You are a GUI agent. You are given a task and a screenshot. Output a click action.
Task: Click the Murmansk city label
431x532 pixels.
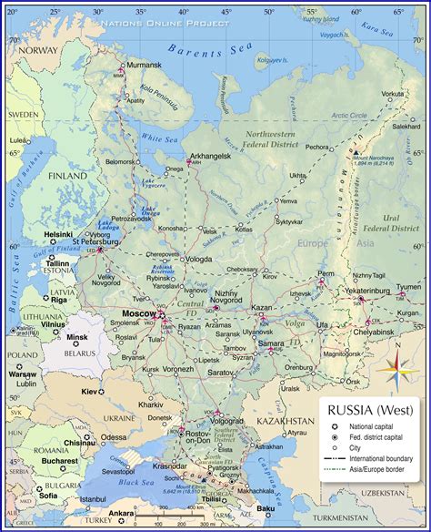pyautogui.click(x=143, y=66)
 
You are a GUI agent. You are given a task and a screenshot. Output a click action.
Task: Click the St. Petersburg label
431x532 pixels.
pyautogui.click(x=102, y=243)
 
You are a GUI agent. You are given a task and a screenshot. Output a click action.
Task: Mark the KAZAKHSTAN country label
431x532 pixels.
pyautogui.click(x=284, y=422)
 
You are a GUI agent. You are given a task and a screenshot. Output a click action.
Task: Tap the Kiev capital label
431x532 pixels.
pyautogui.click(x=89, y=391)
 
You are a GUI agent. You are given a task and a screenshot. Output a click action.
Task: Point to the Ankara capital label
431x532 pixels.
pyautogui.click(x=119, y=513)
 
